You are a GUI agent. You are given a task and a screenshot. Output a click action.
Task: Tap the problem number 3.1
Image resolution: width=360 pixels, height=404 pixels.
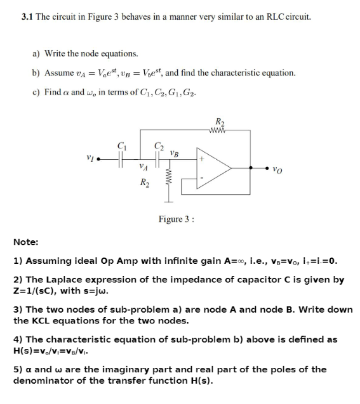click(27, 16)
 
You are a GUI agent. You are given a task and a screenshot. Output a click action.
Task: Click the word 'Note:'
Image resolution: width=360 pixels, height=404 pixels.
click(25, 242)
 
